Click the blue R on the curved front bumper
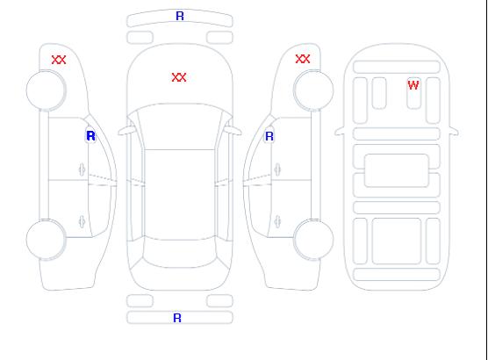(180, 16)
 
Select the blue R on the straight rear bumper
(177, 318)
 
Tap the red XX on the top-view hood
(179, 77)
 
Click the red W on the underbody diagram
(413, 85)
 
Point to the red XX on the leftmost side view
(59, 60)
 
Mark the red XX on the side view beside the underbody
(303, 59)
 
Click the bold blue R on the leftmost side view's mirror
(90, 136)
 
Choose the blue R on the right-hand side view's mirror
(269, 136)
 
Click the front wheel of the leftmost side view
(46, 90)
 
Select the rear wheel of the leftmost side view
(46, 240)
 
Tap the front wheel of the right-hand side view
(313, 90)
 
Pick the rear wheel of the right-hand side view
(313, 239)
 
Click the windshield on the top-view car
(180, 126)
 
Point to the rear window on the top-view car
(180, 253)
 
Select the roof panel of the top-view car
(180, 195)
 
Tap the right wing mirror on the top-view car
(233, 130)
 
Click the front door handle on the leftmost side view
(82, 169)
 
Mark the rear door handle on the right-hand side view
(277, 222)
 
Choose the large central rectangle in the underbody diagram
(397, 170)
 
